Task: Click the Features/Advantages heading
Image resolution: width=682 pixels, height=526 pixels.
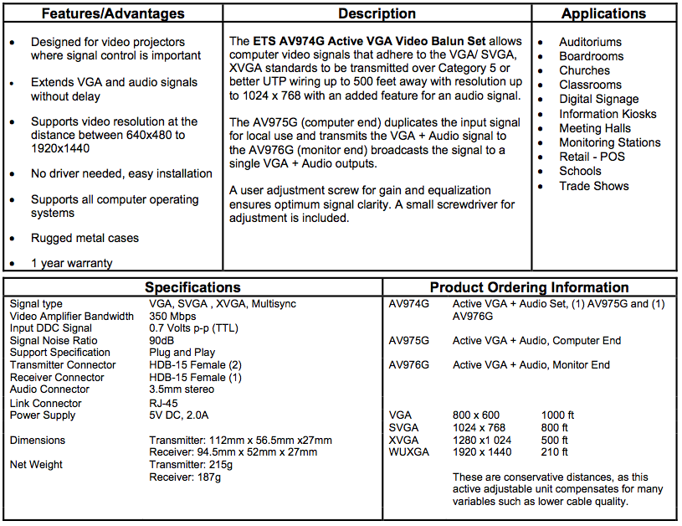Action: click(114, 14)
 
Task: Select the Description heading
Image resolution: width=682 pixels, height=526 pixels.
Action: click(377, 14)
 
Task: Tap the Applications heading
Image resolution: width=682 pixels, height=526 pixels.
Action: click(603, 14)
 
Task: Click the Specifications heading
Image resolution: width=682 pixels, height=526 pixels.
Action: click(192, 287)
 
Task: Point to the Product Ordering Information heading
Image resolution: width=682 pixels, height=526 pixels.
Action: click(529, 287)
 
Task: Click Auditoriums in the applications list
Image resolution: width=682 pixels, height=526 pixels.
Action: click(590, 42)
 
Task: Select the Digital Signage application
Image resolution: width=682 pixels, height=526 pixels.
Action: click(598, 99)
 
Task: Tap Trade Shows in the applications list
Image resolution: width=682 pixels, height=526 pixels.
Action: click(594, 186)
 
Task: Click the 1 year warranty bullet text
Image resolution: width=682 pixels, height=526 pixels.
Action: click(71, 263)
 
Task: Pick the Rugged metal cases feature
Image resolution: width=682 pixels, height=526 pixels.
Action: click(85, 238)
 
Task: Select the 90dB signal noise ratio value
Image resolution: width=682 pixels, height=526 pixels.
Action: click(162, 341)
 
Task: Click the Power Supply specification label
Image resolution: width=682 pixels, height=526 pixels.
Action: click(43, 415)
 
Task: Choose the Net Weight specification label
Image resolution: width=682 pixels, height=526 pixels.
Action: click(36, 465)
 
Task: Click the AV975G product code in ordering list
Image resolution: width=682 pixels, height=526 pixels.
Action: click(409, 341)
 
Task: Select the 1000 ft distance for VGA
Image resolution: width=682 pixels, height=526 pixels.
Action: click(558, 415)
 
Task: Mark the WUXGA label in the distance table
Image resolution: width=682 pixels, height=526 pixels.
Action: click(410, 452)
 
